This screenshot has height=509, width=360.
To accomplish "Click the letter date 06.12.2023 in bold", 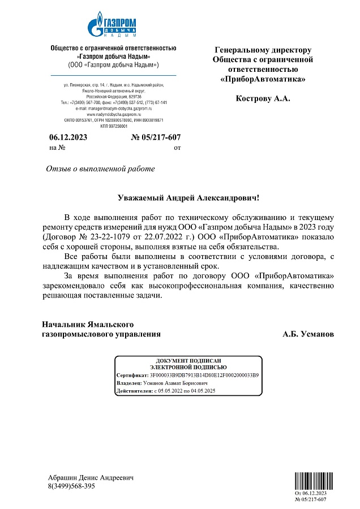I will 68,137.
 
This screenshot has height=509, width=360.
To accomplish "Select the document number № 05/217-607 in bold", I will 156,137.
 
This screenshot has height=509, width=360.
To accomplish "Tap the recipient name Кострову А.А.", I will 263,98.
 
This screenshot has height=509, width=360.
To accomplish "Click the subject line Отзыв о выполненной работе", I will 100,169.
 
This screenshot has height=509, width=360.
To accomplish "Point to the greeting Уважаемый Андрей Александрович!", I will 189,198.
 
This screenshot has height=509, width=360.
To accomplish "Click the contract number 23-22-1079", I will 101,237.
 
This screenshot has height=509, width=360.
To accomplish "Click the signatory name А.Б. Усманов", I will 308,334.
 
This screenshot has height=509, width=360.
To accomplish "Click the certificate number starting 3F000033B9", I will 204,375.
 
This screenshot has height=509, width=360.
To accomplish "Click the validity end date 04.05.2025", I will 203,391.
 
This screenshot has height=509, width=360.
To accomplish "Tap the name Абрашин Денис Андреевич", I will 91,478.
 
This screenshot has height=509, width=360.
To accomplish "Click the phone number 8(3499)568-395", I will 71,486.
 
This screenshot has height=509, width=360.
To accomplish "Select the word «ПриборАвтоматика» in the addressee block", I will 263,79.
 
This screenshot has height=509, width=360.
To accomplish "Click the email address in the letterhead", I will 113,109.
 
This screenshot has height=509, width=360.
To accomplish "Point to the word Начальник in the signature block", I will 63,325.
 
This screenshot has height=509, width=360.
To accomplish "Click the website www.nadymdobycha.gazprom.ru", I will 113,114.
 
